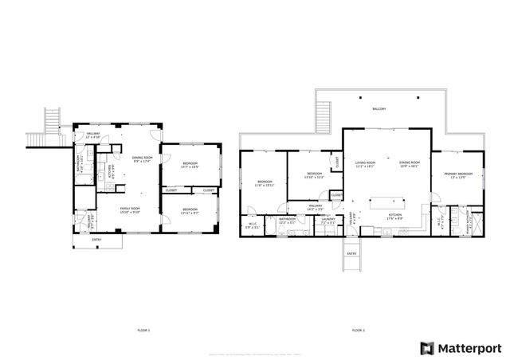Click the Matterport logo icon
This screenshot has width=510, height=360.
(x=428, y=348)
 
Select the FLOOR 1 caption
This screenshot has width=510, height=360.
(x=143, y=329)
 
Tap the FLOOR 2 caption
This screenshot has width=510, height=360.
(x=358, y=329)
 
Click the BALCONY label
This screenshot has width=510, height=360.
(x=379, y=109)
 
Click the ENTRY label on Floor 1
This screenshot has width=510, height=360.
(x=96, y=239)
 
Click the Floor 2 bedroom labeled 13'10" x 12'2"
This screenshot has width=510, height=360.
(x=314, y=174)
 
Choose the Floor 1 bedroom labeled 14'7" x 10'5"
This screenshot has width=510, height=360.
(x=189, y=165)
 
